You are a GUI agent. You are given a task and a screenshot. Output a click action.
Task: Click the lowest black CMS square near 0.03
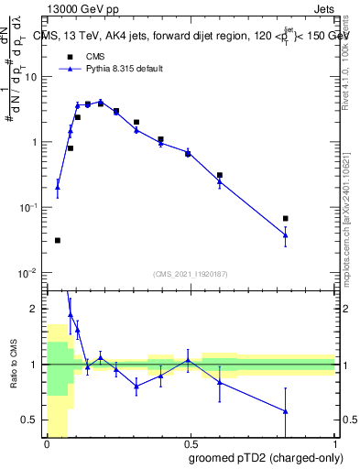[x=58, y=240]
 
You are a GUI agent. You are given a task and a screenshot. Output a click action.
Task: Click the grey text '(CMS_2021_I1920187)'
[x=191, y=274]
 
